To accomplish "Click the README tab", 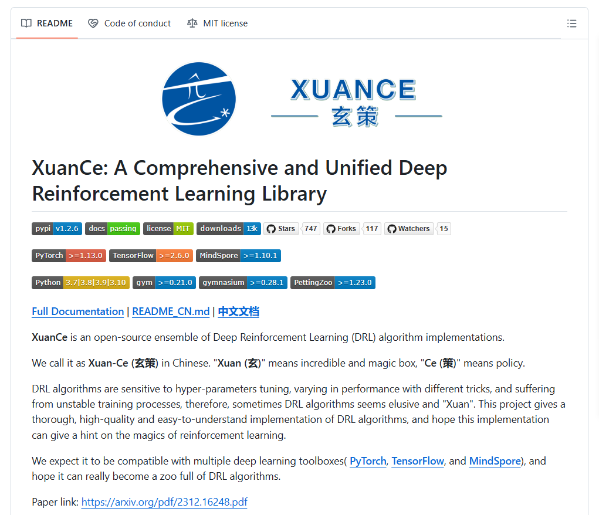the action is coord(47,23).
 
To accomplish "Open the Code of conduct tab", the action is coord(130,23).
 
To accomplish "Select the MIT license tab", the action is coord(218,23).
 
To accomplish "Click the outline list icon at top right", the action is coord(571,23).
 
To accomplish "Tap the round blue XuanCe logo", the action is coord(199,99).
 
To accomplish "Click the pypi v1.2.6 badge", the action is coord(57,228).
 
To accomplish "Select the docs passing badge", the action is coord(113,228).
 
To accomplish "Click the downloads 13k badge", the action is coord(229,228).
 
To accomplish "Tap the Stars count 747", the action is coord(311,228).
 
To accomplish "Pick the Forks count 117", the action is coord(372,228).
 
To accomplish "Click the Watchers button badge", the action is coord(409,228).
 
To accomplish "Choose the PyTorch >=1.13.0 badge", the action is coord(69,256).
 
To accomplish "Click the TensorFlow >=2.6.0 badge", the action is coord(151,256).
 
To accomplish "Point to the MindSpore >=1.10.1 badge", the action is coord(238,256).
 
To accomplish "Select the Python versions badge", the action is coord(80,283).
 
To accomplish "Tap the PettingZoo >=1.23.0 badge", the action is coord(333,283).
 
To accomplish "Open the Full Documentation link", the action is coord(78,311).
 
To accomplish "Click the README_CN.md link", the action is coord(171,311).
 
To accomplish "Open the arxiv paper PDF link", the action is coord(164,502).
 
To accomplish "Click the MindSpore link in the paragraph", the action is coord(495,461).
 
